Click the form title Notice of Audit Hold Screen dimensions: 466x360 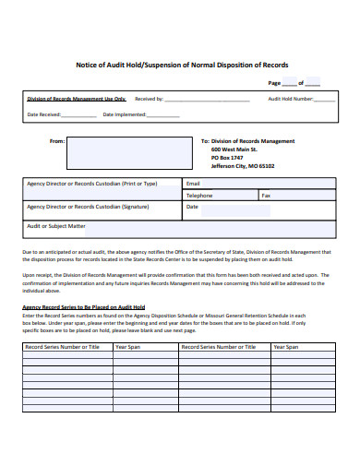click(181, 66)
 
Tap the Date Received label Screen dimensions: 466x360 click(44, 114)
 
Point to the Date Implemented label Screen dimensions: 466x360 click(125, 114)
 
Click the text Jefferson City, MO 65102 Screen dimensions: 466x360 click(242, 166)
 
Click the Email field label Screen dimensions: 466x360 click(193, 183)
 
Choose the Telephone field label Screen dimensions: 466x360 click(199, 196)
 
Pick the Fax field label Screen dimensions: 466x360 click(266, 196)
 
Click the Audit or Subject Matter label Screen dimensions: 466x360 click(56, 226)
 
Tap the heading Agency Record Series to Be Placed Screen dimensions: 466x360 click(84, 305)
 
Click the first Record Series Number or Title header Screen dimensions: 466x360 click(63, 347)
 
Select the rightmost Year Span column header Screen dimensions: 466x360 click(286, 347)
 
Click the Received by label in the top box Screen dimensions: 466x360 click(150, 98)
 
